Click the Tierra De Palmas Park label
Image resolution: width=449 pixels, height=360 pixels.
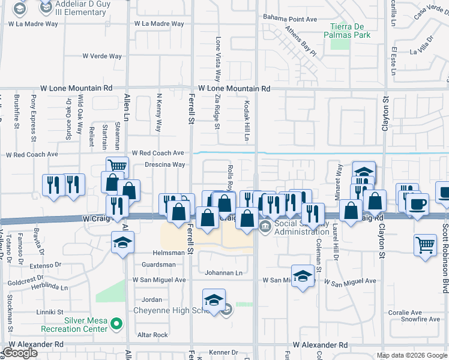pos(351,30)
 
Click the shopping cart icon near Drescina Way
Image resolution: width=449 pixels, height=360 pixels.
pos(117,166)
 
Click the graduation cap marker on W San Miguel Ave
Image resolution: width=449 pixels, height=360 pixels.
pos(303,275)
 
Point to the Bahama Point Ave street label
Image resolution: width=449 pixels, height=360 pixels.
pos(290,19)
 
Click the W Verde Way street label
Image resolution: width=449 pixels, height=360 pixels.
pos(102,56)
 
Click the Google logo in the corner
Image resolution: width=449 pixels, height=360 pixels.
pos(20,353)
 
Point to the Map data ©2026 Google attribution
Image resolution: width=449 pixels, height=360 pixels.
pos(411,355)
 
